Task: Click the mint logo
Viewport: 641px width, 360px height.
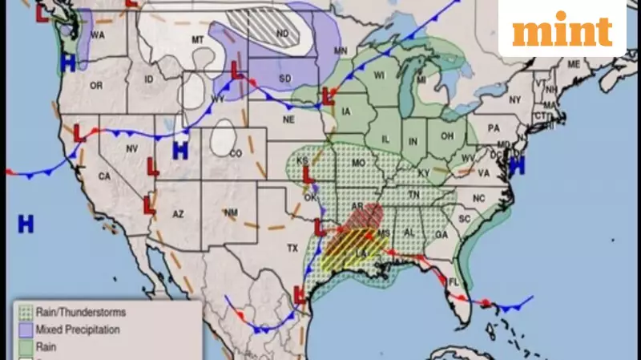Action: pos(562,30)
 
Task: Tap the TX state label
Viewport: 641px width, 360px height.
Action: pos(292,249)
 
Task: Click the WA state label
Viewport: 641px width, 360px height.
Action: pos(98,35)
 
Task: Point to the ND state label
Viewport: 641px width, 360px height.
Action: pos(282,34)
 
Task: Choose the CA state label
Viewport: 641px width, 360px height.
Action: pos(104,176)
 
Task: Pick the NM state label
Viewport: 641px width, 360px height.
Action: pos(232,212)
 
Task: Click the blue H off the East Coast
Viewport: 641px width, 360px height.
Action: pos(517,166)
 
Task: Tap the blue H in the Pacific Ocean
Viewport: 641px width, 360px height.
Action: pos(26,224)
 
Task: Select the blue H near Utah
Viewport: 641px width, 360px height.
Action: pos(180,149)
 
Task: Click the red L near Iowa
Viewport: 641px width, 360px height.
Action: pos(327,97)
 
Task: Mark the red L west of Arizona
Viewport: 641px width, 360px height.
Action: pos(149,205)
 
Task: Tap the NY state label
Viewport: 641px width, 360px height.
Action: pos(514,99)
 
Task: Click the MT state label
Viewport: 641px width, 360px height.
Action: pos(198,39)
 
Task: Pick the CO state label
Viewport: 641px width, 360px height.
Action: pos(236,153)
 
